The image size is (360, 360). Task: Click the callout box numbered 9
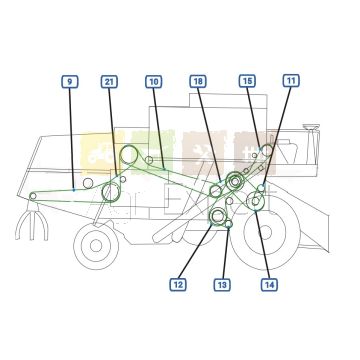pos(68,80)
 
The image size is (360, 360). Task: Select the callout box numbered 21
pos(109,80)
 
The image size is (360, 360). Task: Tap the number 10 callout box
pos(153,80)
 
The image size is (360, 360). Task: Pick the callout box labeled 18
pos(198,80)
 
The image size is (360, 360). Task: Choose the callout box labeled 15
pos(247,80)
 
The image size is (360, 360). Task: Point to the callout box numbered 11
pos(290,80)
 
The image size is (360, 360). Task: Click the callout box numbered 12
pos(178,285)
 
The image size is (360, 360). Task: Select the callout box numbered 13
pos(222,285)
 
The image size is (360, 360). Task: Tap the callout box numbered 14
pos(269,285)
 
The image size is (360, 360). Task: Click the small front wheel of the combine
pos(95,243)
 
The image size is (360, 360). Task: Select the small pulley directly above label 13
pos(229,225)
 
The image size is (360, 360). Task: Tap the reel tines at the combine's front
pos(30,226)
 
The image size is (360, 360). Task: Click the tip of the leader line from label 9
pos(75,188)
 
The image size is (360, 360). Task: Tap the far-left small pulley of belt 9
pos(33,195)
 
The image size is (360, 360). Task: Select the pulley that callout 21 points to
pos(111,189)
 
